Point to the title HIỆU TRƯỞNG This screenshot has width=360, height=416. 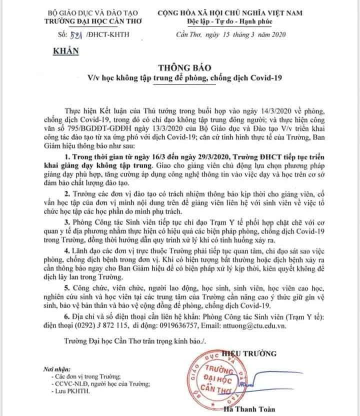point(258,354)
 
